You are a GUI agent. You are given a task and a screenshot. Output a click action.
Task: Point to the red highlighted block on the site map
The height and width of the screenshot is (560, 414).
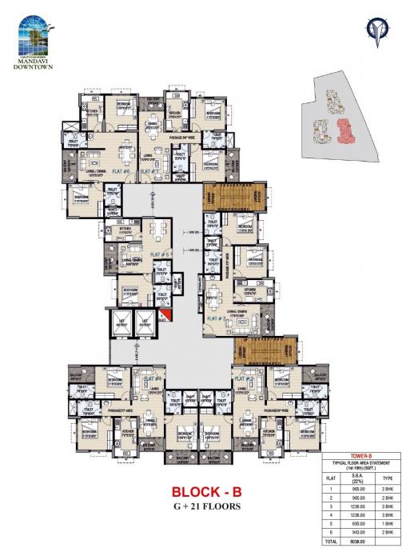coord(344,128)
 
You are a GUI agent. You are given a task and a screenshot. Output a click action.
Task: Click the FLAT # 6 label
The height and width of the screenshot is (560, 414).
coord(122,170)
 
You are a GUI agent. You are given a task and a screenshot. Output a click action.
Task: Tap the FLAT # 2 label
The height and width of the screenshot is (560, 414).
coord(217,318)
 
